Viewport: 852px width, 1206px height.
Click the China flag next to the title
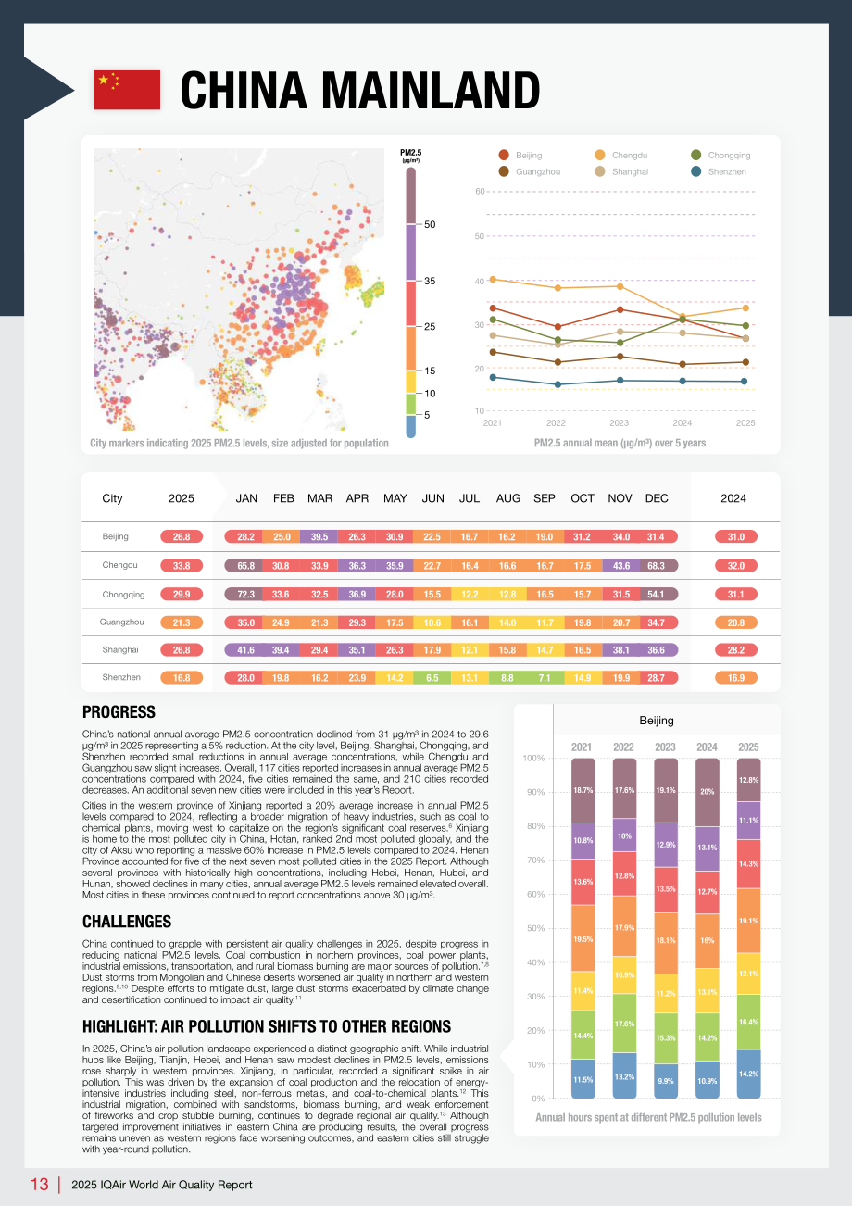tap(127, 90)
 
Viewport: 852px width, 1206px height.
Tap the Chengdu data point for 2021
tap(493, 280)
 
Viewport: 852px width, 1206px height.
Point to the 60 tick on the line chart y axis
tap(480, 191)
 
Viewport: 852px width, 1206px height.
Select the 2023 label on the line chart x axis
tap(619, 422)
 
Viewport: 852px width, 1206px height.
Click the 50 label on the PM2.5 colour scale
tap(430, 224)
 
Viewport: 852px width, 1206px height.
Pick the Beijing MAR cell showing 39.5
tap(319, 537)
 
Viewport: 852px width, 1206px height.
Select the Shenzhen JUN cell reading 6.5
tap(432, 678)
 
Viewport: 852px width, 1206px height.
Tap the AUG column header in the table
tap(508, 498)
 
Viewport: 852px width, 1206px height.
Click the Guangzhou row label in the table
tap(121, 622)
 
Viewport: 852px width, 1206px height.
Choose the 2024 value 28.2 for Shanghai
tap(735, 650)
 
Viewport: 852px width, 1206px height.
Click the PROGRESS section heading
tap(119, 711)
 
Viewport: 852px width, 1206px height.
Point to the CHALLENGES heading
tap(127, 922)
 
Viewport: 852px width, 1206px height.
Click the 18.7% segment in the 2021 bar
tap(583, 790)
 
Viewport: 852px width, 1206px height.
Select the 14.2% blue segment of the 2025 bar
tap(748, 1074)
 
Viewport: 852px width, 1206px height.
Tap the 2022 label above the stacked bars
tap(623, 747)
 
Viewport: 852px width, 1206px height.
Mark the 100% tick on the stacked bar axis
tap(533, 758)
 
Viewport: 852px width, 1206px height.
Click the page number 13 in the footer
tap(39, 1185)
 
